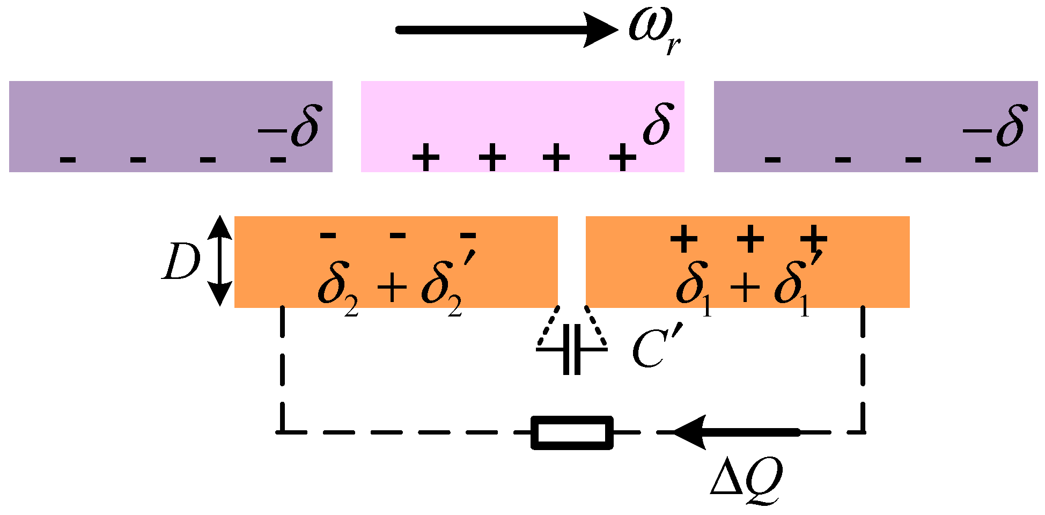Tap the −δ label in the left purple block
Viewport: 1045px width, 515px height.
click(x=290, y=128)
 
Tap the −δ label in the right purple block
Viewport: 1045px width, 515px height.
click(x=995, y=128)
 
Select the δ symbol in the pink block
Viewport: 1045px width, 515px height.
click(x=658, y=124)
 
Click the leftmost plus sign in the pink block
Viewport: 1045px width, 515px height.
click(x=426, y=158)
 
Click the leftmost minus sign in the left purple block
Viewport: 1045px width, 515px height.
click(x=68, y=159)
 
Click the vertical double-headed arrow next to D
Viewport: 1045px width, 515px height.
click(x=220, y=261)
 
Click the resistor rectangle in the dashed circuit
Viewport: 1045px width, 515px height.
click(x=572, y=432)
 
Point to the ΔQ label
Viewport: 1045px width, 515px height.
click(x=746, y=477)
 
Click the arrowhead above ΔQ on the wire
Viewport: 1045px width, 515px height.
click(x=690, y=432)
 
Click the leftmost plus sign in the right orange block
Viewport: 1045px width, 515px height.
click(x=684, y=239)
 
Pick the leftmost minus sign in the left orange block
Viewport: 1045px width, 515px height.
click(x=328, y=235)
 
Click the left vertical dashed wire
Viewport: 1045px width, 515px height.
click(x=282, y=370)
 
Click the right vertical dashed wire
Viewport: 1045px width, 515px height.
click(x=863, y=370)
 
